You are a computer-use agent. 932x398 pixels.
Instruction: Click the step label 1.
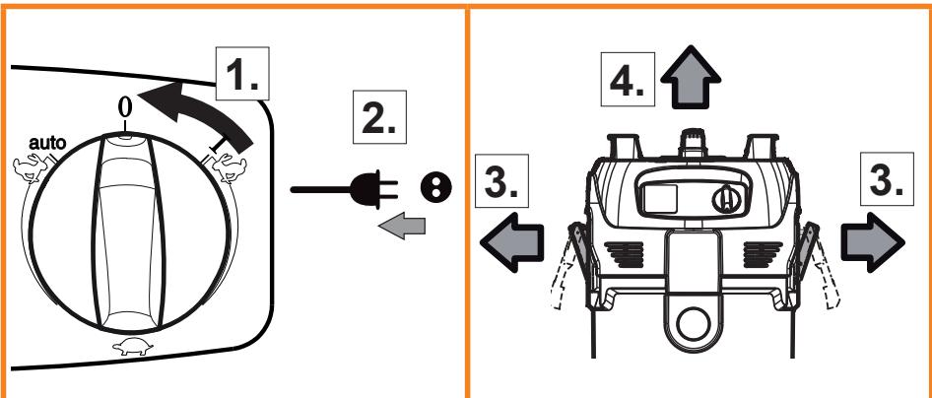[x=242, y=73]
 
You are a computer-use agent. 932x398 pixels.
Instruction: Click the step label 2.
[x=379, y=117]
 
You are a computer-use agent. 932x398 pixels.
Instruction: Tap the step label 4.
[x=628, y=80]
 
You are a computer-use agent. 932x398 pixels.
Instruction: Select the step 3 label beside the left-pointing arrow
[x=502, y=181]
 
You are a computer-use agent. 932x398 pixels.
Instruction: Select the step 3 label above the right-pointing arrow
[x=887, y=178]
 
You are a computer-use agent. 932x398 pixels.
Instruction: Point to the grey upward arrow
[x=690, y=77]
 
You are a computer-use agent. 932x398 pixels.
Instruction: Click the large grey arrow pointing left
[x=511, y=242]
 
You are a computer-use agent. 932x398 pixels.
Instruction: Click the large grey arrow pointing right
[x=873, y=242]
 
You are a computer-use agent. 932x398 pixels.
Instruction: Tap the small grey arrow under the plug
[x=402, y=227]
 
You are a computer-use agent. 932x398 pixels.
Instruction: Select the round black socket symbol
[x=436, y=188]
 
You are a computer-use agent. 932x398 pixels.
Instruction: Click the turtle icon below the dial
[x=133, y=348]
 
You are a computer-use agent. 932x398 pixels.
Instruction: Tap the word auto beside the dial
[x=47, y=143]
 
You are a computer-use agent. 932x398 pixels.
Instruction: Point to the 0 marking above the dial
[x=125, y=107]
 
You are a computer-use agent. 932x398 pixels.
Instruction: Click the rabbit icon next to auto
[x=31, y=168]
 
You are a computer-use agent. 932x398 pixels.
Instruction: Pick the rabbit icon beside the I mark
[x=229, y=167]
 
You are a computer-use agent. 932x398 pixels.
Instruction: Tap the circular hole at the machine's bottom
[x=693, y=323]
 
